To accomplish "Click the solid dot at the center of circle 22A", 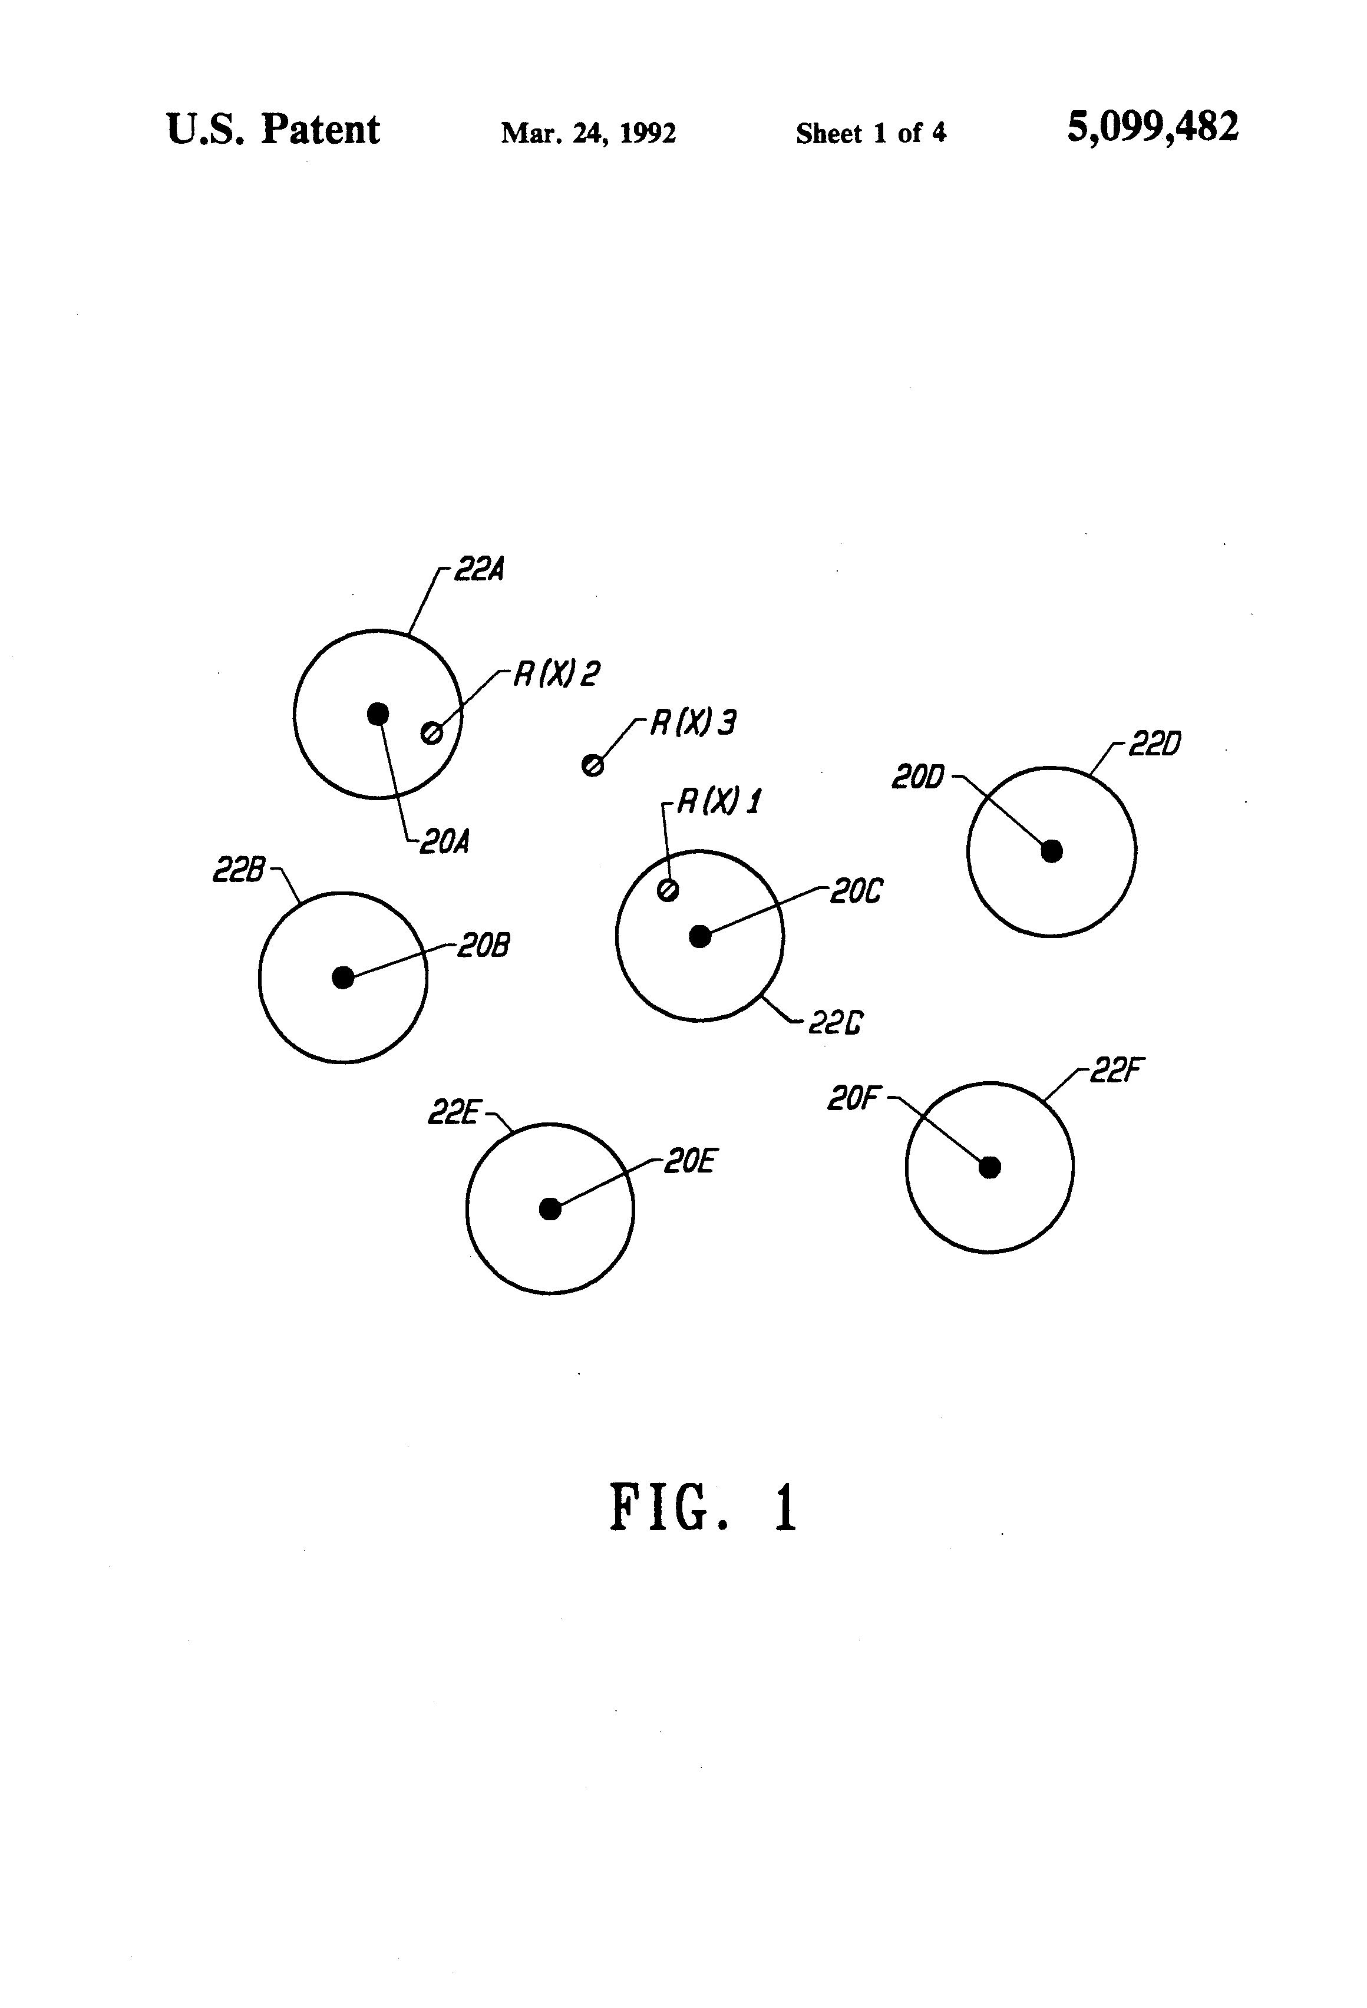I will click(378, 714).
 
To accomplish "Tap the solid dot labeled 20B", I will click(343, 977).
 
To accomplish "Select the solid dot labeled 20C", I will click(700, 936).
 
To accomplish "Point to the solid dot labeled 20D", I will click(1052, 851).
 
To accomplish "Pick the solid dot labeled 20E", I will click(550, 1209).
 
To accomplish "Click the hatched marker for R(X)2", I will click(431, 734).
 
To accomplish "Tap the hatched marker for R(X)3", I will click(593, 765).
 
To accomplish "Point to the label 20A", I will click(444, 841).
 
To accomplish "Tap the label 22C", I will click(836, 1024).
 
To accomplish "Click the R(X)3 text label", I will click(693, 722).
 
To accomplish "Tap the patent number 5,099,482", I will click(1153, 128).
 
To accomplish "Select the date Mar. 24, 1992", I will click(589, 133).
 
